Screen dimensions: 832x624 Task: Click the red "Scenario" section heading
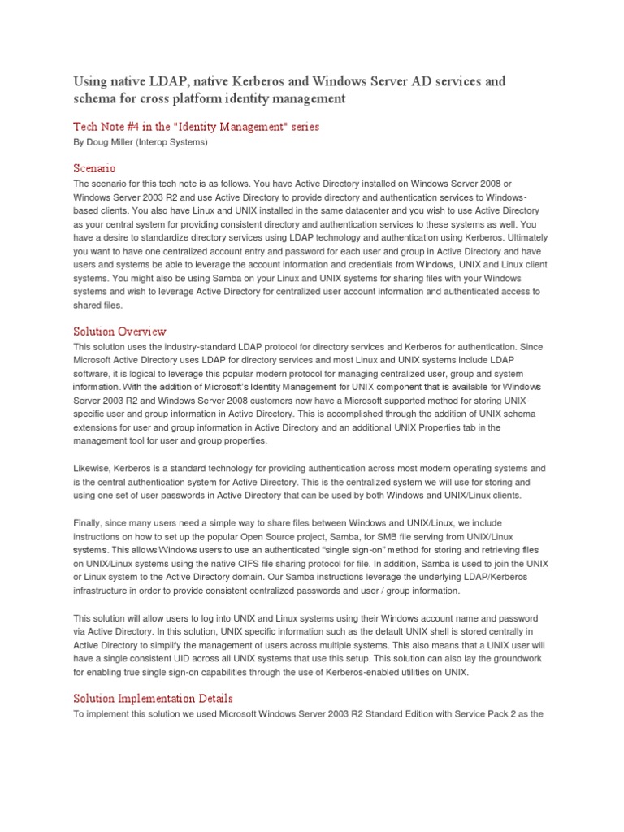click(x=95, y=168)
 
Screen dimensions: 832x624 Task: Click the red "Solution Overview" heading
click(x=120, y=331)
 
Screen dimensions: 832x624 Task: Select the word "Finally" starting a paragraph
click(x=89, y=522)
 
